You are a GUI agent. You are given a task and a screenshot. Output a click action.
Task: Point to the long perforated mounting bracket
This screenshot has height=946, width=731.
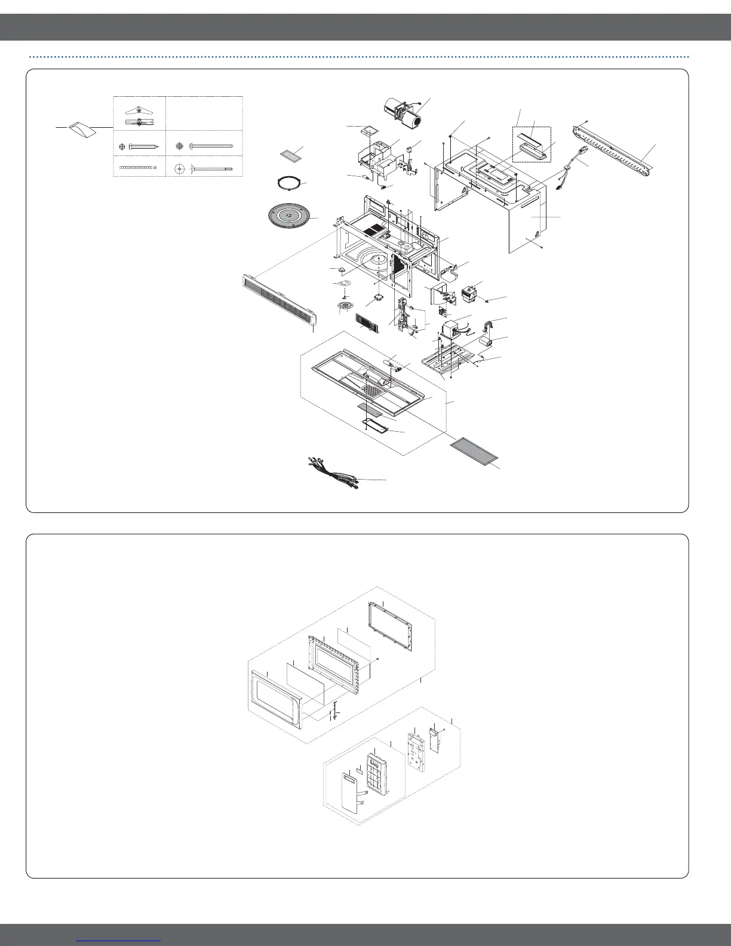(x=615, y=149)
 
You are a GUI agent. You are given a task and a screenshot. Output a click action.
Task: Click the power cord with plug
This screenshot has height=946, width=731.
(x=570, y=170)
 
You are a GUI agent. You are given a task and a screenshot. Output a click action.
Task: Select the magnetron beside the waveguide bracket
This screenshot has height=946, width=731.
(x=472, y=294)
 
